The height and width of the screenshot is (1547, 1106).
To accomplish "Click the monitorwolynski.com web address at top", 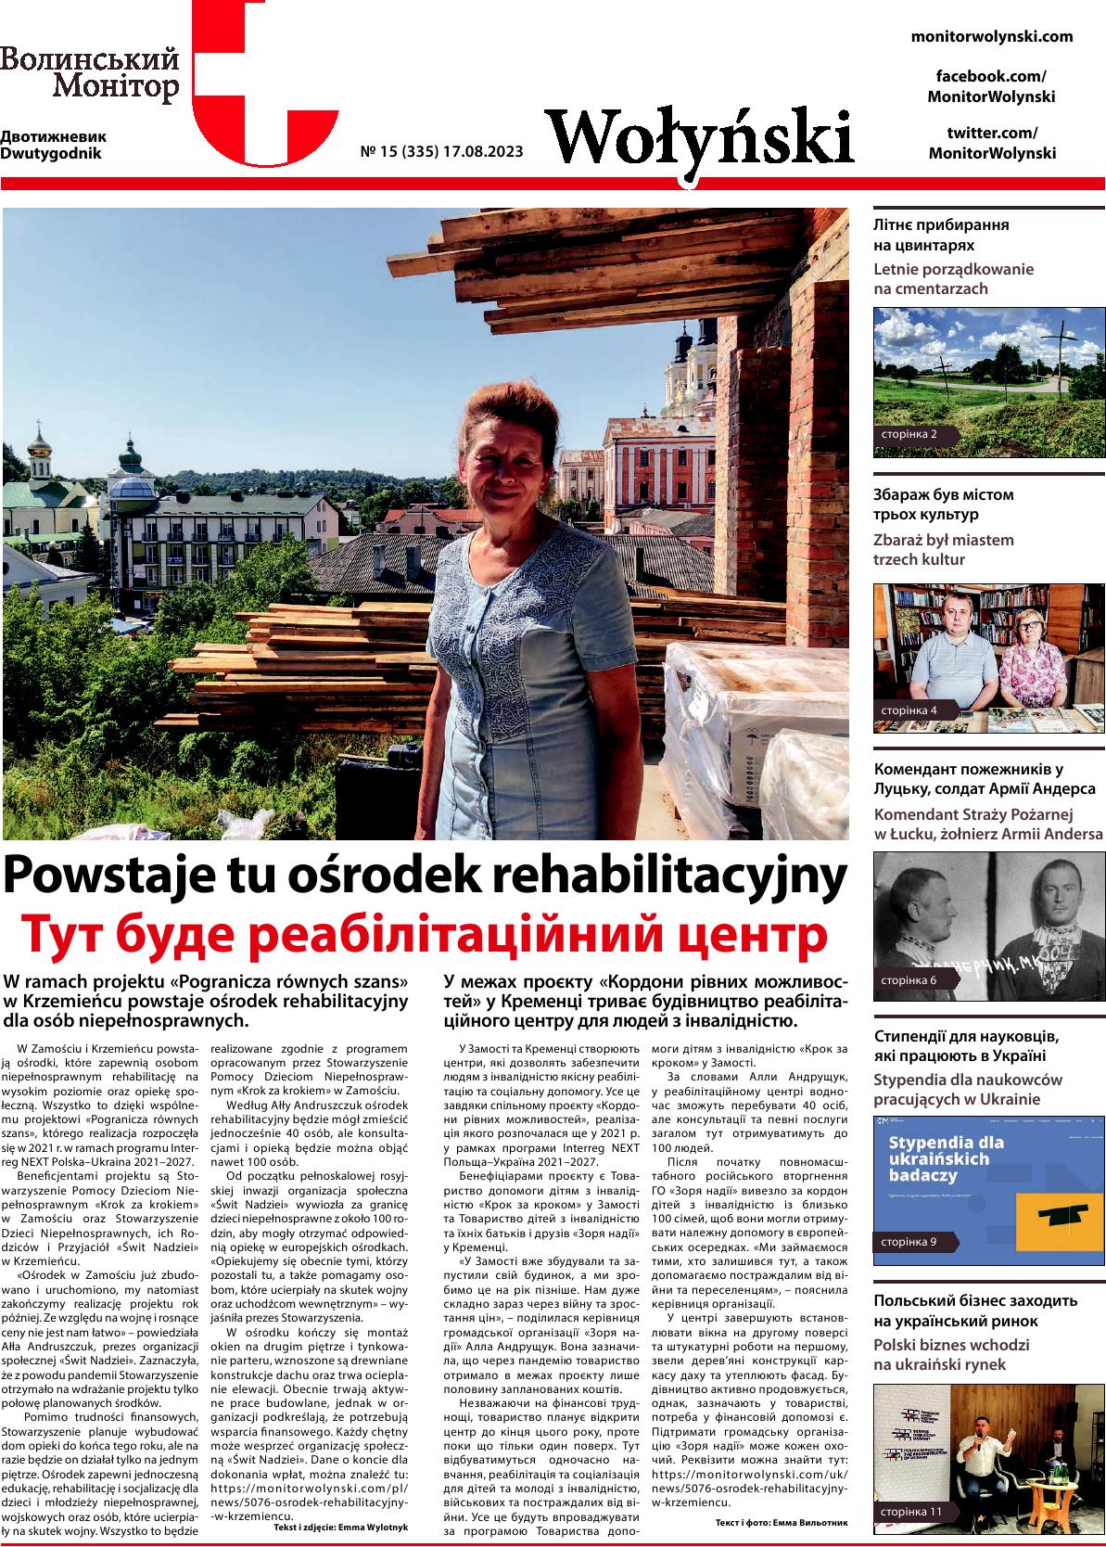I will tap(992, 37).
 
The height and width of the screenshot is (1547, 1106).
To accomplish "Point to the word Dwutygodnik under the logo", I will tap(51, 153).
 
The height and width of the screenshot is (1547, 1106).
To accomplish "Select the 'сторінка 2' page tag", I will tap(909, 434).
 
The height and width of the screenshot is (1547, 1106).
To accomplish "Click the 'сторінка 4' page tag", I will tap(909, 710).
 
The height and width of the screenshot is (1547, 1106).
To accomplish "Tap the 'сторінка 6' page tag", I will tap(909, 979).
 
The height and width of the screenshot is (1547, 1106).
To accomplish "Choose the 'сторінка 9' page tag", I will tap(909, 1241).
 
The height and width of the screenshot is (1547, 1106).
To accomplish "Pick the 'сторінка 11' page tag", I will tap(910, 1512).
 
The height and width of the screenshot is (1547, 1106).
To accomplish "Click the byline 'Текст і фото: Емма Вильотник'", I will tap(782, 1523).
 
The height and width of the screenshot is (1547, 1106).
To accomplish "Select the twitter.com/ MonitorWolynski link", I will tap(992, 143).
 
